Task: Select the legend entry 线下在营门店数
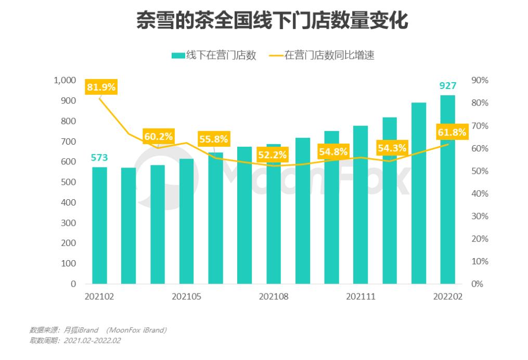coord(214,56)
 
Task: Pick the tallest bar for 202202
coord(448,190)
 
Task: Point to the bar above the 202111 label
coord(360,205)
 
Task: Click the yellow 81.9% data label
coord(101,87)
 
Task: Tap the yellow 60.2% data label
coord(158,137)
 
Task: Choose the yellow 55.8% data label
coord(213,139)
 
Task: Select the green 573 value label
coord(99,158)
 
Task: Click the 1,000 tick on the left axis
coord(65,80)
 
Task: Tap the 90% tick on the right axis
coord(480,80)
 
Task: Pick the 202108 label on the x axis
coord(273,297)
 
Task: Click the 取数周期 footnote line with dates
coord(75,341)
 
